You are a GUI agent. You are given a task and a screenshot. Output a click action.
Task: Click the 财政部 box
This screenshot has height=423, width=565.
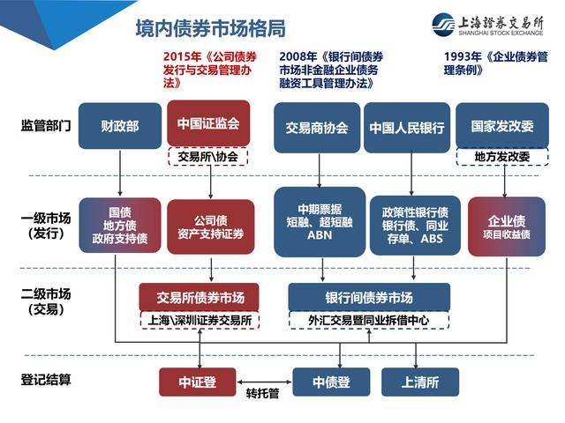pos(120,126)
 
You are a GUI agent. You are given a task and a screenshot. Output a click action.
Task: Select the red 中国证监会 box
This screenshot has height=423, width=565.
pos(208,123)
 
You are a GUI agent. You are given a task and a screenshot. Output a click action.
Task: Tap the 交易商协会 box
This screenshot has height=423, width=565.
pos(317,128)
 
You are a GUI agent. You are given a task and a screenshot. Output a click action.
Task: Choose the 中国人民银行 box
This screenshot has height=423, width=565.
pos(407,128)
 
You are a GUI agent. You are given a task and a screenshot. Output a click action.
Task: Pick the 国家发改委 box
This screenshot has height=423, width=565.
pos(502,125)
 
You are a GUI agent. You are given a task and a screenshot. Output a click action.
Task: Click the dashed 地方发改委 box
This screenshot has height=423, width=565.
pos(502,157)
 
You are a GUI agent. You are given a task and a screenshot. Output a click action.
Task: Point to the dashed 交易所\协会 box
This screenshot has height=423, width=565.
pos(208,157)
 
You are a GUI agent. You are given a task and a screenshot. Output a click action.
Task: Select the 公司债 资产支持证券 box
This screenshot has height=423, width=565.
pos(211,227)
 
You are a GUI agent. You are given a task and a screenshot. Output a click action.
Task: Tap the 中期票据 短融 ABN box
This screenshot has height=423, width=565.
pos(320,222)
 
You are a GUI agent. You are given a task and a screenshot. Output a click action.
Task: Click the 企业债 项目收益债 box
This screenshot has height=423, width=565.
pos(507,226)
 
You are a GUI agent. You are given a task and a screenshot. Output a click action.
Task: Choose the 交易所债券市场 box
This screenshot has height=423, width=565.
pos(200,298)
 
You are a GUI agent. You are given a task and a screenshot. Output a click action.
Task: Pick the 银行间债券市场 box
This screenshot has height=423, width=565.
pos(369,298)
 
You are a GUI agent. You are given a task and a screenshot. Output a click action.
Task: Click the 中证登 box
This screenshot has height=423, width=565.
pos(198,382)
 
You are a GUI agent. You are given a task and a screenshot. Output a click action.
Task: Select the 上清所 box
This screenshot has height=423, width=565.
pos(420,382)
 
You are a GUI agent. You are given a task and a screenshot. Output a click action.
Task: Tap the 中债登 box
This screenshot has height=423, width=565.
pos(331,382)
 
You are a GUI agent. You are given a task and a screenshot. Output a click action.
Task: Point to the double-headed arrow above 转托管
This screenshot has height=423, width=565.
pos(264,382)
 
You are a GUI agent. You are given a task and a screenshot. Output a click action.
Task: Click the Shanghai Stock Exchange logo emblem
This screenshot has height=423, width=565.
pos(443,25)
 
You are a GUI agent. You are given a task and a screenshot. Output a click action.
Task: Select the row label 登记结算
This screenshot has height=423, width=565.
pos(46,380)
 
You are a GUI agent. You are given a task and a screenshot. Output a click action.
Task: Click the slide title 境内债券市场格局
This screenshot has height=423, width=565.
pos(211,28)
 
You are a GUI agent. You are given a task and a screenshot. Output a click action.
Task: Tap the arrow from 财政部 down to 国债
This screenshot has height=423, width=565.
pos(120,173)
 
